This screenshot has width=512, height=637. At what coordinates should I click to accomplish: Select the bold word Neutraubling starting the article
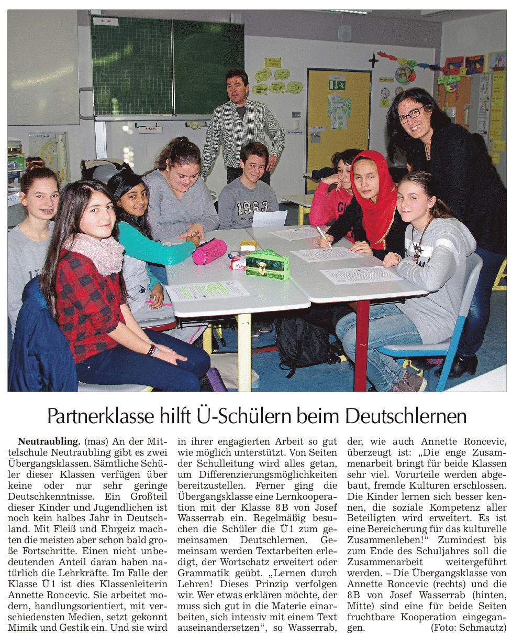pyautogui.click(x=49, y=441)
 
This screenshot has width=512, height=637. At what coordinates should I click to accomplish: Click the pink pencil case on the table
pyautogui.click(x=209, y=252)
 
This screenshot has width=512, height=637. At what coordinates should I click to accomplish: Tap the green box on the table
pyautogui.click(x=268, y=264)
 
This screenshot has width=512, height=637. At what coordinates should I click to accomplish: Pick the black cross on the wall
pyautogui.click(x=373, y=61)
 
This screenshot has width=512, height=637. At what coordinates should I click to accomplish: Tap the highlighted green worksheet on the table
pyautogui.click(x=207, y=290)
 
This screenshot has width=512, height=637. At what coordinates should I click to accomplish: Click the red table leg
pyautogui.click(x=361, y=346)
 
